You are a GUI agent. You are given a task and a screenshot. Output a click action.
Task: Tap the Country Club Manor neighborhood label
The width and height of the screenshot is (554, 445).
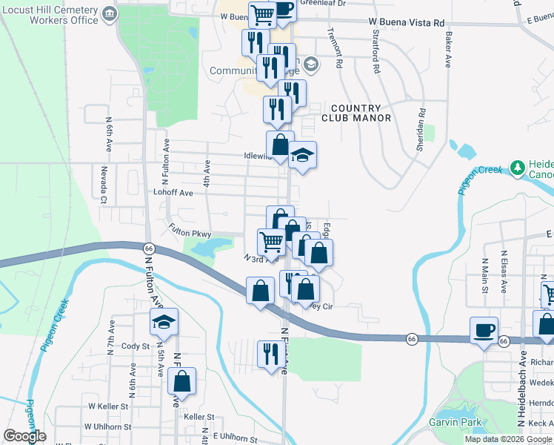pyautogui.click(x=356, y=113)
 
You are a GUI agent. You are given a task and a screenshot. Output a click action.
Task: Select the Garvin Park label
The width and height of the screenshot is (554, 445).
pyautogui.click(x=455, y=423)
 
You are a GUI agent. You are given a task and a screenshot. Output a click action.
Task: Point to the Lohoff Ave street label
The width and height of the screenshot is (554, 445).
pyautogui.click(x=173, y=193)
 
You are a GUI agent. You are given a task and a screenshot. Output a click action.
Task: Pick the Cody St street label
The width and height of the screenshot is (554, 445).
pyautogui.click(x=136, y=346)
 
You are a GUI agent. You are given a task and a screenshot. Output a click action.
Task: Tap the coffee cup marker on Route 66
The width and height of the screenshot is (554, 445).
pyautogui.click(x=484, y=330)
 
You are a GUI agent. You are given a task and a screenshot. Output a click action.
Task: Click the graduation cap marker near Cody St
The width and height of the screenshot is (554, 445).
pyautogui.click(x=164, y=322)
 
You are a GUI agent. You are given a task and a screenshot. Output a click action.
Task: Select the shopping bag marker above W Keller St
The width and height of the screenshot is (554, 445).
pyautogui.click(x=181, y=381)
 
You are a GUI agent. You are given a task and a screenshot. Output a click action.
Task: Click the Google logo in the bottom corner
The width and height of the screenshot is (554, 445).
pyautogui.click(x=24, y=436)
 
